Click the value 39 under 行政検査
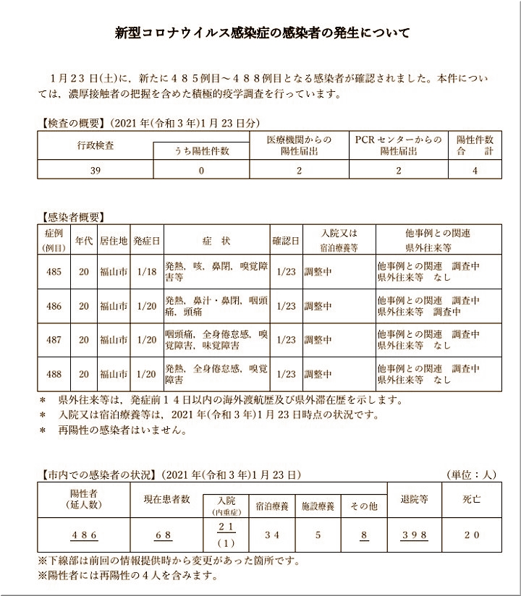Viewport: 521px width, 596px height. click(96, 171)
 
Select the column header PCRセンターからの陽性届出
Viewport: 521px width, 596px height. click(398, 145)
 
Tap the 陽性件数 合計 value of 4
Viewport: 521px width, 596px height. click(475, 171)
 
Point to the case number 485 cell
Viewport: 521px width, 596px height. click(54, 272)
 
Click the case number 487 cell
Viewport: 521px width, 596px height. click(54, 340)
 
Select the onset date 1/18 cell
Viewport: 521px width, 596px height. click(146, 272)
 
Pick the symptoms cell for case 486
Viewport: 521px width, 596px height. click(216, 306)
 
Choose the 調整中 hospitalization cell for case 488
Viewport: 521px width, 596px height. click(318, 374)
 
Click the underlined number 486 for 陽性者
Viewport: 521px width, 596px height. click(84, 536)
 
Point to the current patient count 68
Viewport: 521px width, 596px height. click(163, 536)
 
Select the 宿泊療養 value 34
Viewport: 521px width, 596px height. click(272, 536)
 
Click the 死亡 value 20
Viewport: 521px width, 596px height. click(471, 536)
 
